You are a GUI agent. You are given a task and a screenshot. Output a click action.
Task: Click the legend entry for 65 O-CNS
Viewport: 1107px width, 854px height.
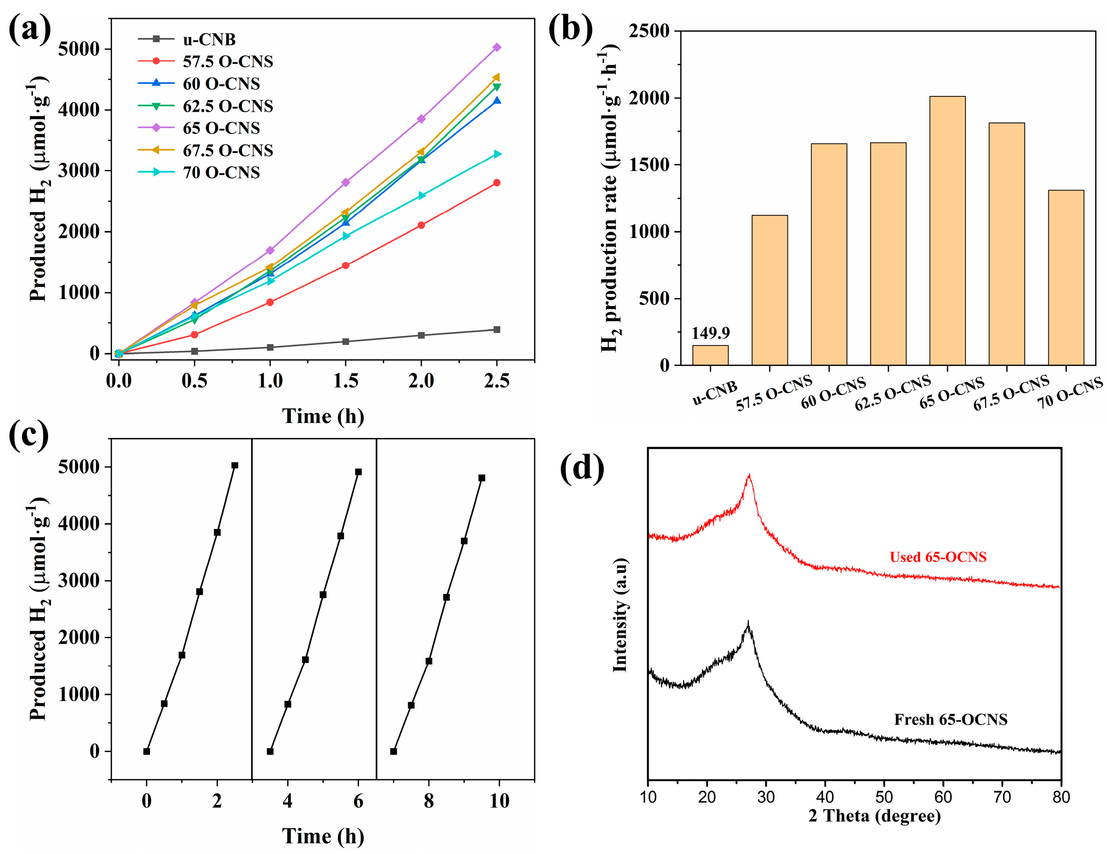click(221, 128)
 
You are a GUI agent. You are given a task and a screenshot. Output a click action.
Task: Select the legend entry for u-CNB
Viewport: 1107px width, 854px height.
click(209, 39)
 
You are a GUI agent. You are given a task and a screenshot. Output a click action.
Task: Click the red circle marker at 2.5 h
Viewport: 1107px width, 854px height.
click(497, 183)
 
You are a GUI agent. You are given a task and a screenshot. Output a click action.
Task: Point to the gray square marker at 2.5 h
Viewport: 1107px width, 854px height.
click(497, 330)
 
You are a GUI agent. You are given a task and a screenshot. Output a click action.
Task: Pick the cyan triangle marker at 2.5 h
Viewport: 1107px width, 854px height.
click(497, 154)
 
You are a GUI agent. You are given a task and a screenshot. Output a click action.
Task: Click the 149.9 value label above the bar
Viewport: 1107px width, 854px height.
click(710, 333)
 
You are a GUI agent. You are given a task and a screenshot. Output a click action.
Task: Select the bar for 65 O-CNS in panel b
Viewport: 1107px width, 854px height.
click(947, 231)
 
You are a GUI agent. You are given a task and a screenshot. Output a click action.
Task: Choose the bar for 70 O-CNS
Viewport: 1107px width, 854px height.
click(1066, 278)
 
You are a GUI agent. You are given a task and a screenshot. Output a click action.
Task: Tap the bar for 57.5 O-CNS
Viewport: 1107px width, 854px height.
click(769, 290)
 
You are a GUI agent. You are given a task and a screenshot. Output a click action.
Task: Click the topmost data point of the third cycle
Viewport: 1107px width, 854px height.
click(482, 478)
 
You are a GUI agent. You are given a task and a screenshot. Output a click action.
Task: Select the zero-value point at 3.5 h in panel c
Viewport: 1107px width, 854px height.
click(270, 752)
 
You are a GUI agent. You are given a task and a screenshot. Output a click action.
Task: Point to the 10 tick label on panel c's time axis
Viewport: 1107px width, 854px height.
click(499, 801)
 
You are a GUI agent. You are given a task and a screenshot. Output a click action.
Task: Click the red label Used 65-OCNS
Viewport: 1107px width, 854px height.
click(938, 557)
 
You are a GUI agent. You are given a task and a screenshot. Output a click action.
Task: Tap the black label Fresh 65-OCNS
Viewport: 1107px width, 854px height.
click(950, 720)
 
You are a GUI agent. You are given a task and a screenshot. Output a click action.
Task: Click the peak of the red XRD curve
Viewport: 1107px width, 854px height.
click(748, 476)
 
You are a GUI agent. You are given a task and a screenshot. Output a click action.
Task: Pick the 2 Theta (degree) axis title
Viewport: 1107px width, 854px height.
click(874, 816)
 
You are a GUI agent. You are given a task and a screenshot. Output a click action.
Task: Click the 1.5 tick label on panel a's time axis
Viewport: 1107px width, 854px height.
click(346, 381)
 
